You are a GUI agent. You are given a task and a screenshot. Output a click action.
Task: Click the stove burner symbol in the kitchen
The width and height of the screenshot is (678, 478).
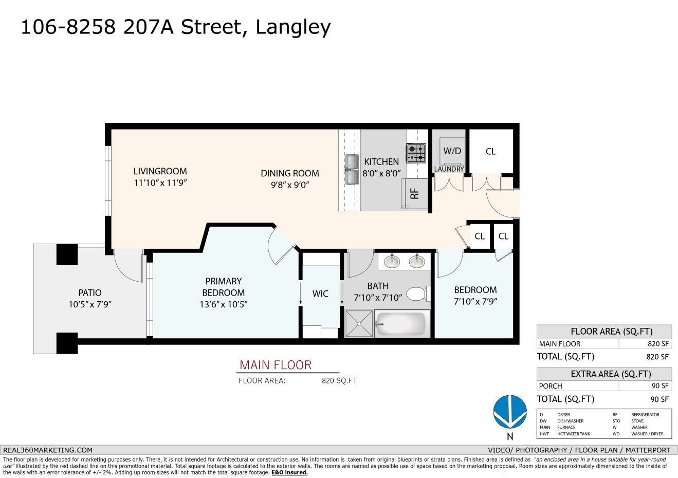416,153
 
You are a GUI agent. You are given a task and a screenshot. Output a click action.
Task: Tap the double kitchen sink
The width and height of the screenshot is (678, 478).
352,170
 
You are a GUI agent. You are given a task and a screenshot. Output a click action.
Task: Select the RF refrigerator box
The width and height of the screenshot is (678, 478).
415,194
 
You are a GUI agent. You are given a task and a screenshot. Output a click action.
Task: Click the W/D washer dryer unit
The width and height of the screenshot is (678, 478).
452,151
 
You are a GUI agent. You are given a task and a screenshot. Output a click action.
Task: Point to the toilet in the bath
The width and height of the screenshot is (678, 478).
418,293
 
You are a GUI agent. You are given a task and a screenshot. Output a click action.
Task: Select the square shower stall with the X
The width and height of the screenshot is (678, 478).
359,324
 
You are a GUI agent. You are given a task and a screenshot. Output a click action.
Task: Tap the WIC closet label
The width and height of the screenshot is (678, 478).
320,293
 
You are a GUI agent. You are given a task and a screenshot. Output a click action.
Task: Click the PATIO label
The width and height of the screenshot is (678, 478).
90,293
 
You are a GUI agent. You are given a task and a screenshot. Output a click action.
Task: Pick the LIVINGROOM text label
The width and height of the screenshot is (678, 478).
160,171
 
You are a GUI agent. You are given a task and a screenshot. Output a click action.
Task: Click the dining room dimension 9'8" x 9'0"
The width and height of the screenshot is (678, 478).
290,185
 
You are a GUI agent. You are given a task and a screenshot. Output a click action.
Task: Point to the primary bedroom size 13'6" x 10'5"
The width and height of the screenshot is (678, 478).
224,304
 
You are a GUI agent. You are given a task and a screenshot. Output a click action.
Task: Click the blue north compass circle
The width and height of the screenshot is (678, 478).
510,412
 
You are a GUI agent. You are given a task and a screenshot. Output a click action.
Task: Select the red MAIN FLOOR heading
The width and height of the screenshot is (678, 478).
276,365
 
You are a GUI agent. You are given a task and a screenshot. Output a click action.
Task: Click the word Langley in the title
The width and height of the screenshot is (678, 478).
293,28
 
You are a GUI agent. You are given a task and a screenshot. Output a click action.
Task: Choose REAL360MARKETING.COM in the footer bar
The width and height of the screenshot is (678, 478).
48,450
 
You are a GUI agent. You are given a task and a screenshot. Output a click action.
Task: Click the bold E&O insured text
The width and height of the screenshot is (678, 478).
289,472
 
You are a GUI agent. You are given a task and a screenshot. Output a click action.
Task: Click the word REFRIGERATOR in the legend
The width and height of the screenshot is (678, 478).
645,415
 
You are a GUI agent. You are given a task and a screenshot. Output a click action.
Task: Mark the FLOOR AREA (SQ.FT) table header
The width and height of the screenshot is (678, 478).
611,332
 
